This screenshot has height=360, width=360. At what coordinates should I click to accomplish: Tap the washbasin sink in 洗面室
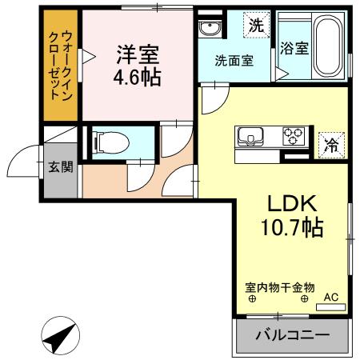click(210, 30)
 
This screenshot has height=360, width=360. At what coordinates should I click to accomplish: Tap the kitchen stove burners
click(293, 136)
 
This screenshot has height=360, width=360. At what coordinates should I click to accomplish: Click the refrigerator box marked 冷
click(330, 145)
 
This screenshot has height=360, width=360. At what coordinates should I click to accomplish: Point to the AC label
click(330, 298)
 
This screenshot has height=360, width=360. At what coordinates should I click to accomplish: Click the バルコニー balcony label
click(292, 334)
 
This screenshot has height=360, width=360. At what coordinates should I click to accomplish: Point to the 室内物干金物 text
click(281, 286)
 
